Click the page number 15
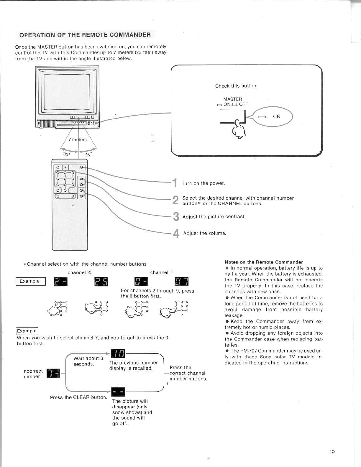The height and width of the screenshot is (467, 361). coord(332,451)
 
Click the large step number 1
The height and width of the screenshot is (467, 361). coord(175,183)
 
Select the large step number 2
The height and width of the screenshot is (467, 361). coord(175,200)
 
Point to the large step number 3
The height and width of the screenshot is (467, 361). coord(176,217)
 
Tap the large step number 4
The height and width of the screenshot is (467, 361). coord(176,233)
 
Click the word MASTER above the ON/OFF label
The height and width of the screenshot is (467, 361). coord(232,99)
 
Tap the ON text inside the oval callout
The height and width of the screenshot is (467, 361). coord(277,116)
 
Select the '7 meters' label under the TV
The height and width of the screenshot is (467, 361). coord(78,140)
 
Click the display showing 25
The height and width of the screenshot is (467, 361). coord(101,282)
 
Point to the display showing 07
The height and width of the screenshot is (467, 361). coord(182,282)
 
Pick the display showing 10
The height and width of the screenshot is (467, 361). coord(118,353)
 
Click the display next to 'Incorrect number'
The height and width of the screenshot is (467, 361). coord(53,373)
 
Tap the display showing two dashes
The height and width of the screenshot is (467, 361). coord(118,392)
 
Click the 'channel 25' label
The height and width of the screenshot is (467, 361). coord(80,272)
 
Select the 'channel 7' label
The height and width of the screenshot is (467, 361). coord(161,272)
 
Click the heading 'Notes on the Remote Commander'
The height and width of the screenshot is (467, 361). coord(264,262)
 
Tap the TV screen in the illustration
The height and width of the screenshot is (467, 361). coord(67,91)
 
